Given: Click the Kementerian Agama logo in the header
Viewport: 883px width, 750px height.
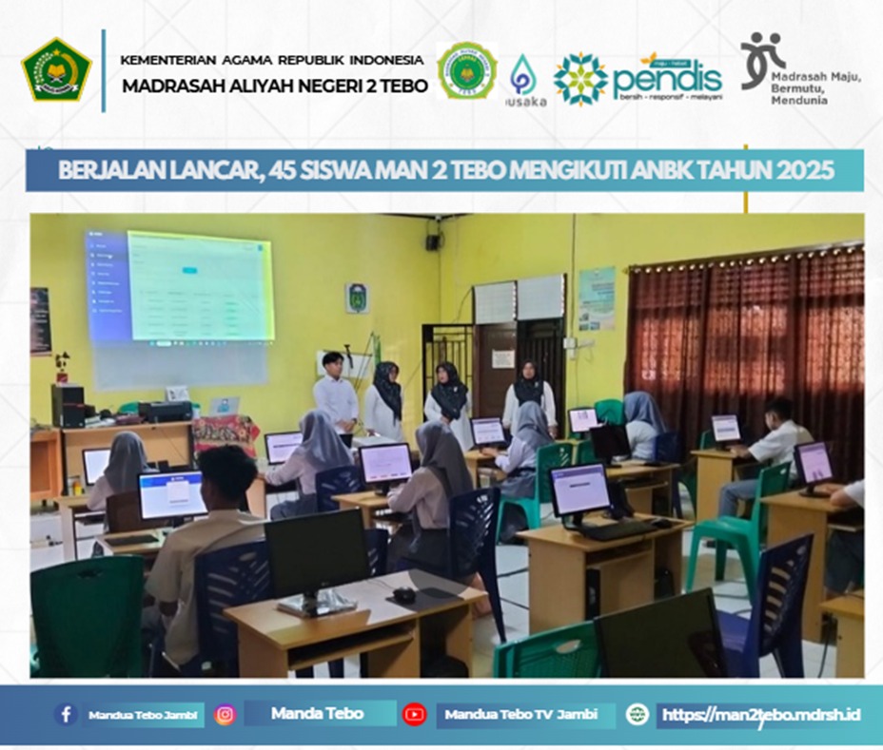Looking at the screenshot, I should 56,69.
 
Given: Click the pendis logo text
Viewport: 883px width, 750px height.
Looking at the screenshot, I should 666,81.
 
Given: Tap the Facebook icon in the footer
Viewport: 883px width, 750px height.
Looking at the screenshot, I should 66,715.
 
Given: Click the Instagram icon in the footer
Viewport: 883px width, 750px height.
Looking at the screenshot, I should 225,715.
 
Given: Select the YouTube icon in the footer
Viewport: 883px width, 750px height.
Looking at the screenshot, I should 414,715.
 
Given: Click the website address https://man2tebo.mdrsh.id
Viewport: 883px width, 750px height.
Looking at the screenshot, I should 760,714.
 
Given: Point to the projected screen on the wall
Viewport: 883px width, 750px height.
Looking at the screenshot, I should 200,286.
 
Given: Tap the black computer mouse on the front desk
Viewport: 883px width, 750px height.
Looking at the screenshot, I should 403,595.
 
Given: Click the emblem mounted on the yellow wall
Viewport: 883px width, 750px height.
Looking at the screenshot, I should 358,298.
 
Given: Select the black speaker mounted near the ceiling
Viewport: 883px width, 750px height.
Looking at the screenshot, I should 433,241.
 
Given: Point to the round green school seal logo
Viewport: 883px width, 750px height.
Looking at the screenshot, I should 466,70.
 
